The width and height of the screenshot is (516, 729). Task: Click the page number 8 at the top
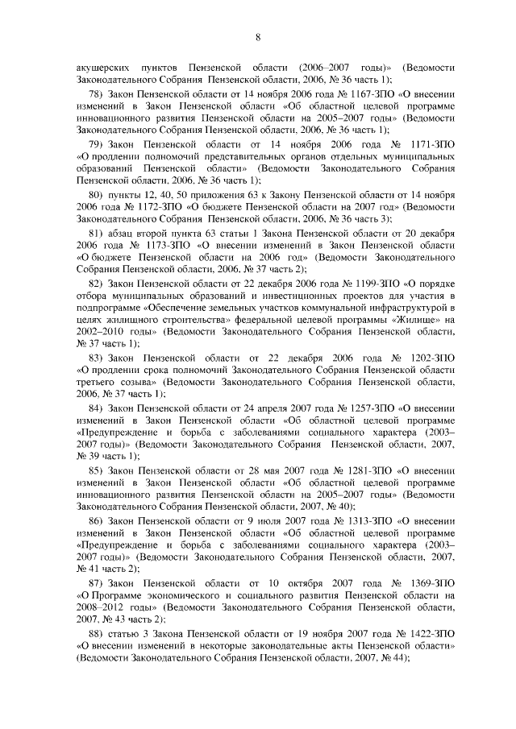[257, 37]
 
